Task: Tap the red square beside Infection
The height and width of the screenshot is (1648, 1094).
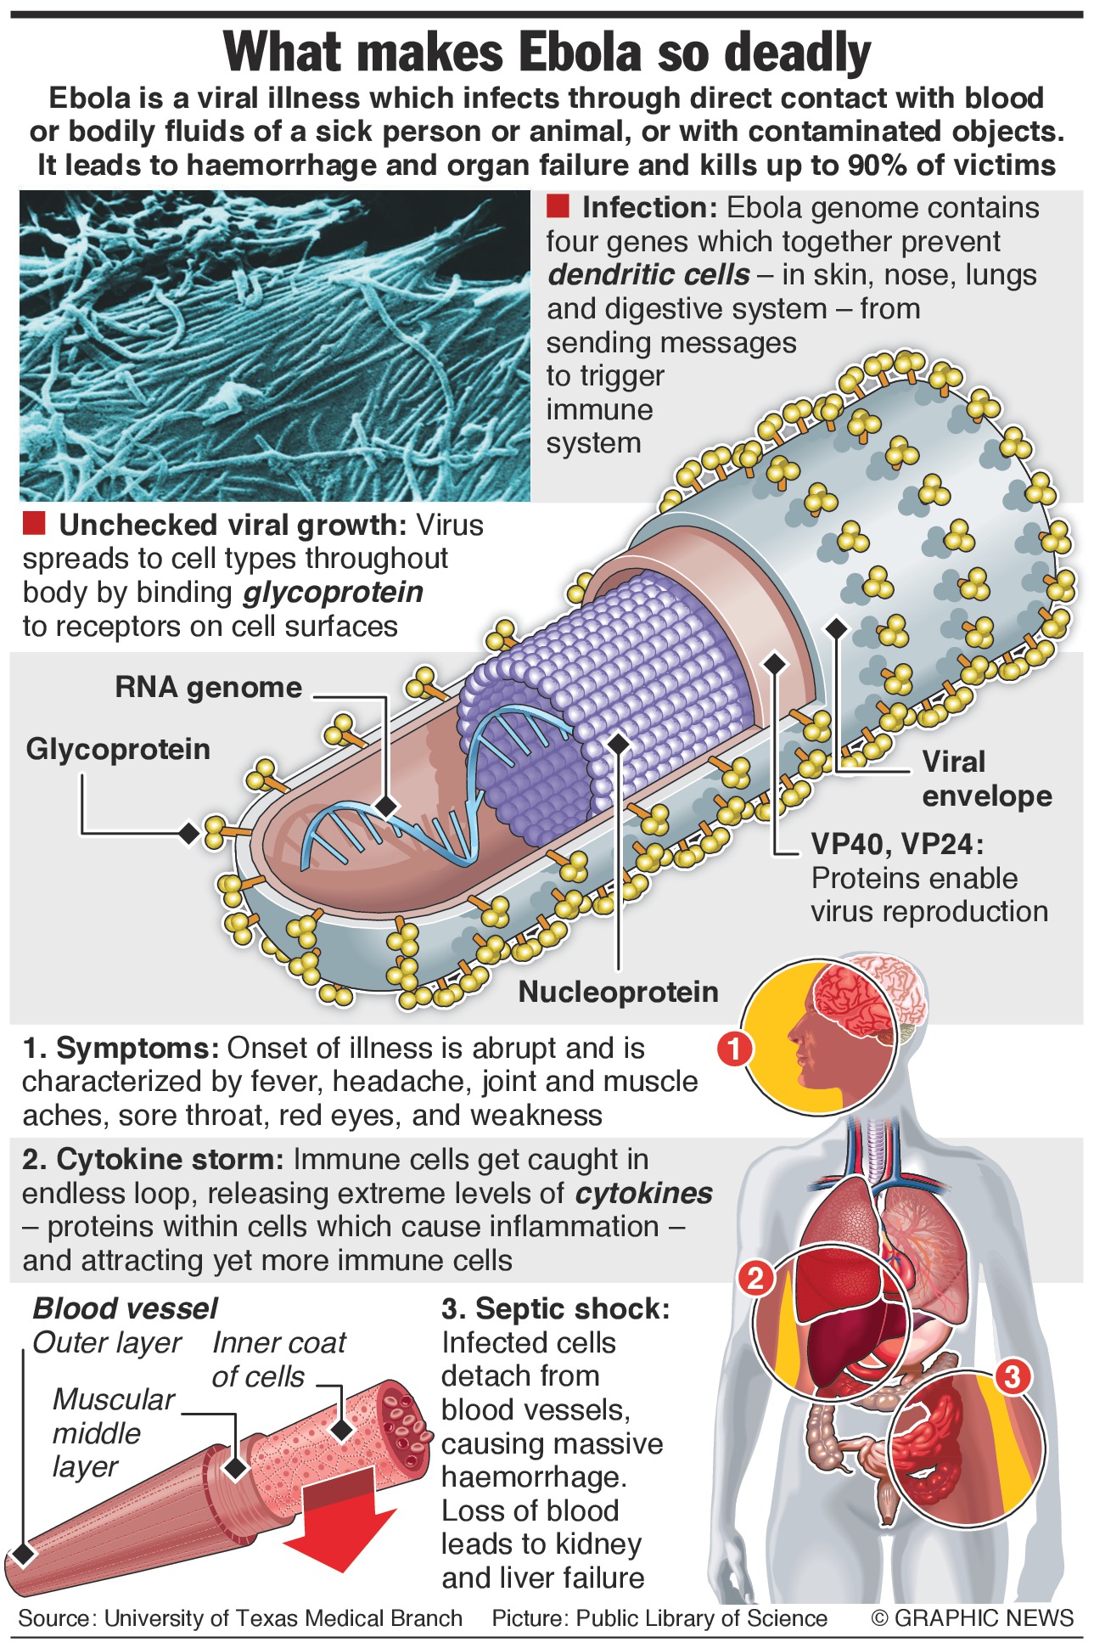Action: (558, 206)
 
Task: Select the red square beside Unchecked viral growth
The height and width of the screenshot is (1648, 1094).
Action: (34, 524)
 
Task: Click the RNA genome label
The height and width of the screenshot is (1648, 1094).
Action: (208, 687)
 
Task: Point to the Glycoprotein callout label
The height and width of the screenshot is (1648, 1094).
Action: (118, 749)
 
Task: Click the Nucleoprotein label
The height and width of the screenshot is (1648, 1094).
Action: (618, 992)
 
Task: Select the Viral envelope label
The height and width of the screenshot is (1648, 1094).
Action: (986, 779)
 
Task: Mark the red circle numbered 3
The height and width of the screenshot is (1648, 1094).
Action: (1013, 1376)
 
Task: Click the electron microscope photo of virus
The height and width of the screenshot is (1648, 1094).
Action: (274, 346)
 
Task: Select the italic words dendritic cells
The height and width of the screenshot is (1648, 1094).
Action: (648, 275)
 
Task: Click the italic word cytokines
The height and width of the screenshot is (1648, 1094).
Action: (643, 1193)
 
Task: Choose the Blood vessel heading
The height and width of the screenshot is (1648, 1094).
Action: (125, 1308)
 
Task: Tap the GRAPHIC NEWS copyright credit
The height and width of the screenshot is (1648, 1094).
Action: (973, 1618)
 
